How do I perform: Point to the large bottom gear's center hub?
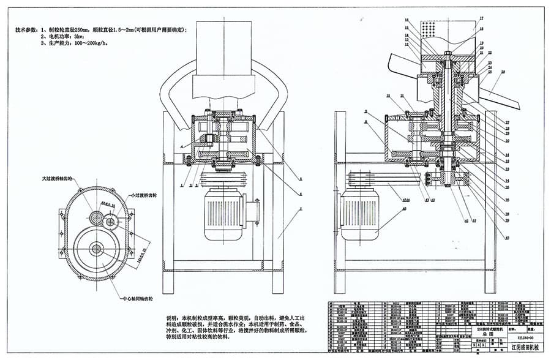96,248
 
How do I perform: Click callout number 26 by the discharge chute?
503,72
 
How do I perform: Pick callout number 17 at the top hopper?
481,19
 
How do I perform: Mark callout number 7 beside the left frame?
301,209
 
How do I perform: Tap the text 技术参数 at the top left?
28,29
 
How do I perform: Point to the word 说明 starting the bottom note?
173,318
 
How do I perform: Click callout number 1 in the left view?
182,184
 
